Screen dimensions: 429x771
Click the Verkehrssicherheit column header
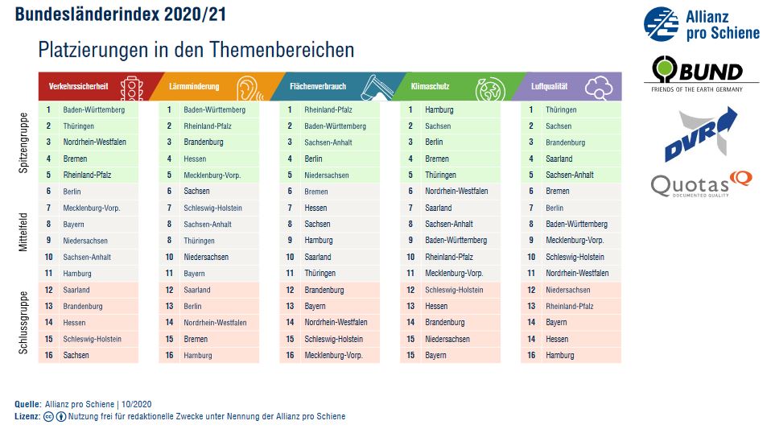(78, 86)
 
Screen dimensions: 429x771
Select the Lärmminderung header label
(195, 86)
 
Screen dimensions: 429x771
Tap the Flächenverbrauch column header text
(318, 86)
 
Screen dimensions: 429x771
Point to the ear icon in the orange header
(250, 87)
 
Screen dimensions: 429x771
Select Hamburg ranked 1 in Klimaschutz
(439, 109)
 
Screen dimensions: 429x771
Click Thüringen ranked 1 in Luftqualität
(561, 109)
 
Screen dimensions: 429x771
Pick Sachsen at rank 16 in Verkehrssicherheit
(76, 355)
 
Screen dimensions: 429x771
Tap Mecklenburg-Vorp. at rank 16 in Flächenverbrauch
(333, 355)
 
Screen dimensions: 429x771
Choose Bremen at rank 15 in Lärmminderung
(196, 339)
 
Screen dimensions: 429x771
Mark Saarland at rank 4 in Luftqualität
(559, 159)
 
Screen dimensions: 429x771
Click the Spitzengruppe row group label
(23, 142)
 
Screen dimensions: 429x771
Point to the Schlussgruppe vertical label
(23, 323)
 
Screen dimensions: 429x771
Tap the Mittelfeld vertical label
(23, 233)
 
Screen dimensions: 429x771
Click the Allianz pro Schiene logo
(701, 24)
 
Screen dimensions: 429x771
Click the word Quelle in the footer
(27, 403)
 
